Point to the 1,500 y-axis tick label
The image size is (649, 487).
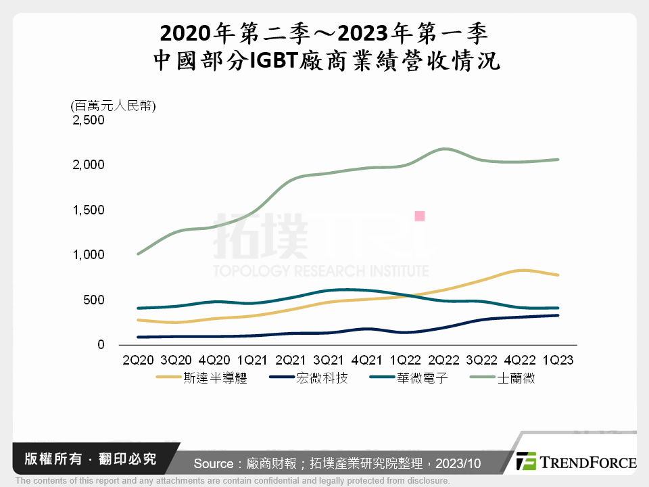tap(88, 210)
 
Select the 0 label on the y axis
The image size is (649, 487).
tap(101, 345)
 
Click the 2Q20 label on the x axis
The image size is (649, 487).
tap(138, 361)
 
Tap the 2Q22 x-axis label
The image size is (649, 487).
tap(444, 361)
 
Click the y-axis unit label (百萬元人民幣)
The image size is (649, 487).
tap(113, 106)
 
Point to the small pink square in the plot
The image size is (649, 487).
tap(419, 216)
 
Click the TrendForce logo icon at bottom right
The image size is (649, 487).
tap(526, 461)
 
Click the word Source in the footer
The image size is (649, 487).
tap(214, 463)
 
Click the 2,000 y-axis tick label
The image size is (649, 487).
tap(88, 165)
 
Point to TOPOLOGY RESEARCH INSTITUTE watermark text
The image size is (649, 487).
tap(320, 271)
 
